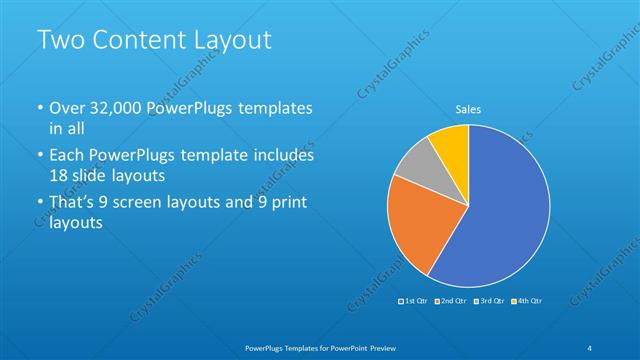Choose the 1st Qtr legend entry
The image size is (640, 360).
tap(415, 301)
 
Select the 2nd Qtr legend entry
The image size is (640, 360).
tap(451, 301)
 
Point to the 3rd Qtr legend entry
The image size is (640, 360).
tap(489, 301)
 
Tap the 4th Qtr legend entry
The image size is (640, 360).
tap(526, 301)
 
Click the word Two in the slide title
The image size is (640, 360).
tap(59, 41)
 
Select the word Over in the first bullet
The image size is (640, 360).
tap(68, 108)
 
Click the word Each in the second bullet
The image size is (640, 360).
tap(69, 156)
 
